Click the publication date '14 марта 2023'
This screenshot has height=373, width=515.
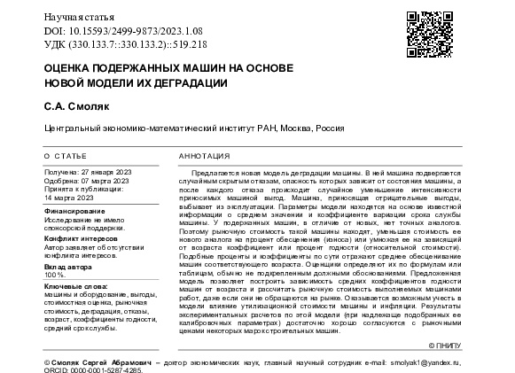(70, 198)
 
